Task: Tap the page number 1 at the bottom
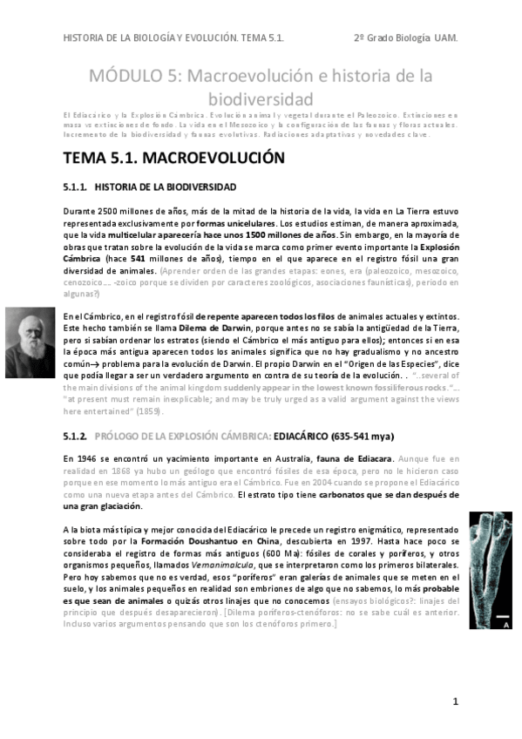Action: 455,702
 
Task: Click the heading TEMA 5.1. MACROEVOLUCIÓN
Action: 174,159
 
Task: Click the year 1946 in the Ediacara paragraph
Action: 91,458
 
